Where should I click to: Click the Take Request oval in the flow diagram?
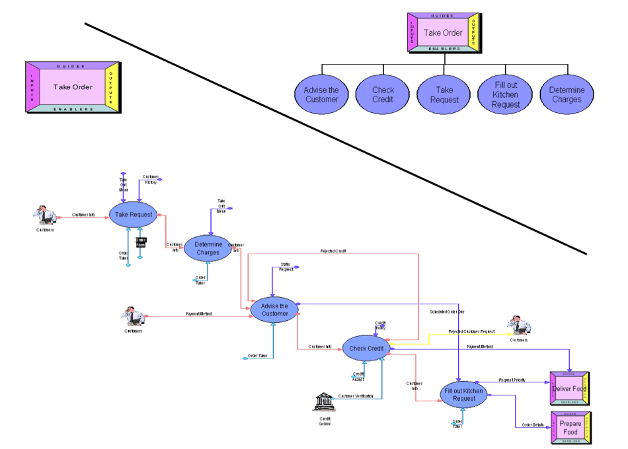pyautogui.click(x=134, y=215)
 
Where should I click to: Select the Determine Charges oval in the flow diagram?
pyautogui.click(x=208, y=248)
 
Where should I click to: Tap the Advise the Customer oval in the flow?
pyautogui.click(x=274, y=310)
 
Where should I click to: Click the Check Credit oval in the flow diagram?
pyautogui.click(x=366, y=349)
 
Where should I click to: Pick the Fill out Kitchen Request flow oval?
pyautogui.click(x=464, y=395)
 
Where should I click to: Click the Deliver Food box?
pyautogui.click(x=570, y=389)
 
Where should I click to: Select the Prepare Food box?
pyautogui.click(x=570, y=428)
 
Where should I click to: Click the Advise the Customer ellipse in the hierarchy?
pyautogui.click(x=322, y=95)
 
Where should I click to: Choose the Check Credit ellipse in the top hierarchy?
pyautogui.click(x=383, y=95)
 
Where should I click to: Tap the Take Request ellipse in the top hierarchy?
pyautogui.click(x=444, y=95)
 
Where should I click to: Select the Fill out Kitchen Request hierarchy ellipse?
pyautogui.click(x=506, y=95)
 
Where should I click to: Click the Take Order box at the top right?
pyautogui.click(x=443, y=32)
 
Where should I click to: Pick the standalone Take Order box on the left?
pyautogui.click(x=73, y=86)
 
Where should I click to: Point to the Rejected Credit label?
pyautogui.click(x=334, y=252)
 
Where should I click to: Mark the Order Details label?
pyautogui.click(x=533, y=425)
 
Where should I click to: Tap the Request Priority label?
pyautogui.click(x=512, y=380)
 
